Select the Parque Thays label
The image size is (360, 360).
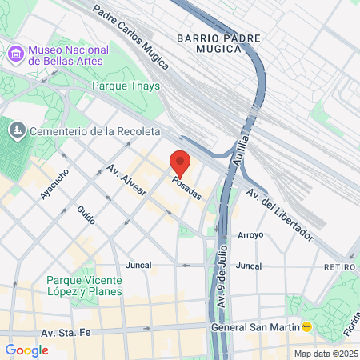point(126,86)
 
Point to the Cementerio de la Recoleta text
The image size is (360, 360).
point(95,130)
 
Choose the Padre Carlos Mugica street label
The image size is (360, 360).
point(126,34)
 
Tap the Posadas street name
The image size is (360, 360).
point(186,189)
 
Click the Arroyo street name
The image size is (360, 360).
point(250,235)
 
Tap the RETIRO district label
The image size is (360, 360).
point(339,266)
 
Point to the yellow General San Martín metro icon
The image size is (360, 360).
point(306,326)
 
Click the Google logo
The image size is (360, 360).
point(26,350)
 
